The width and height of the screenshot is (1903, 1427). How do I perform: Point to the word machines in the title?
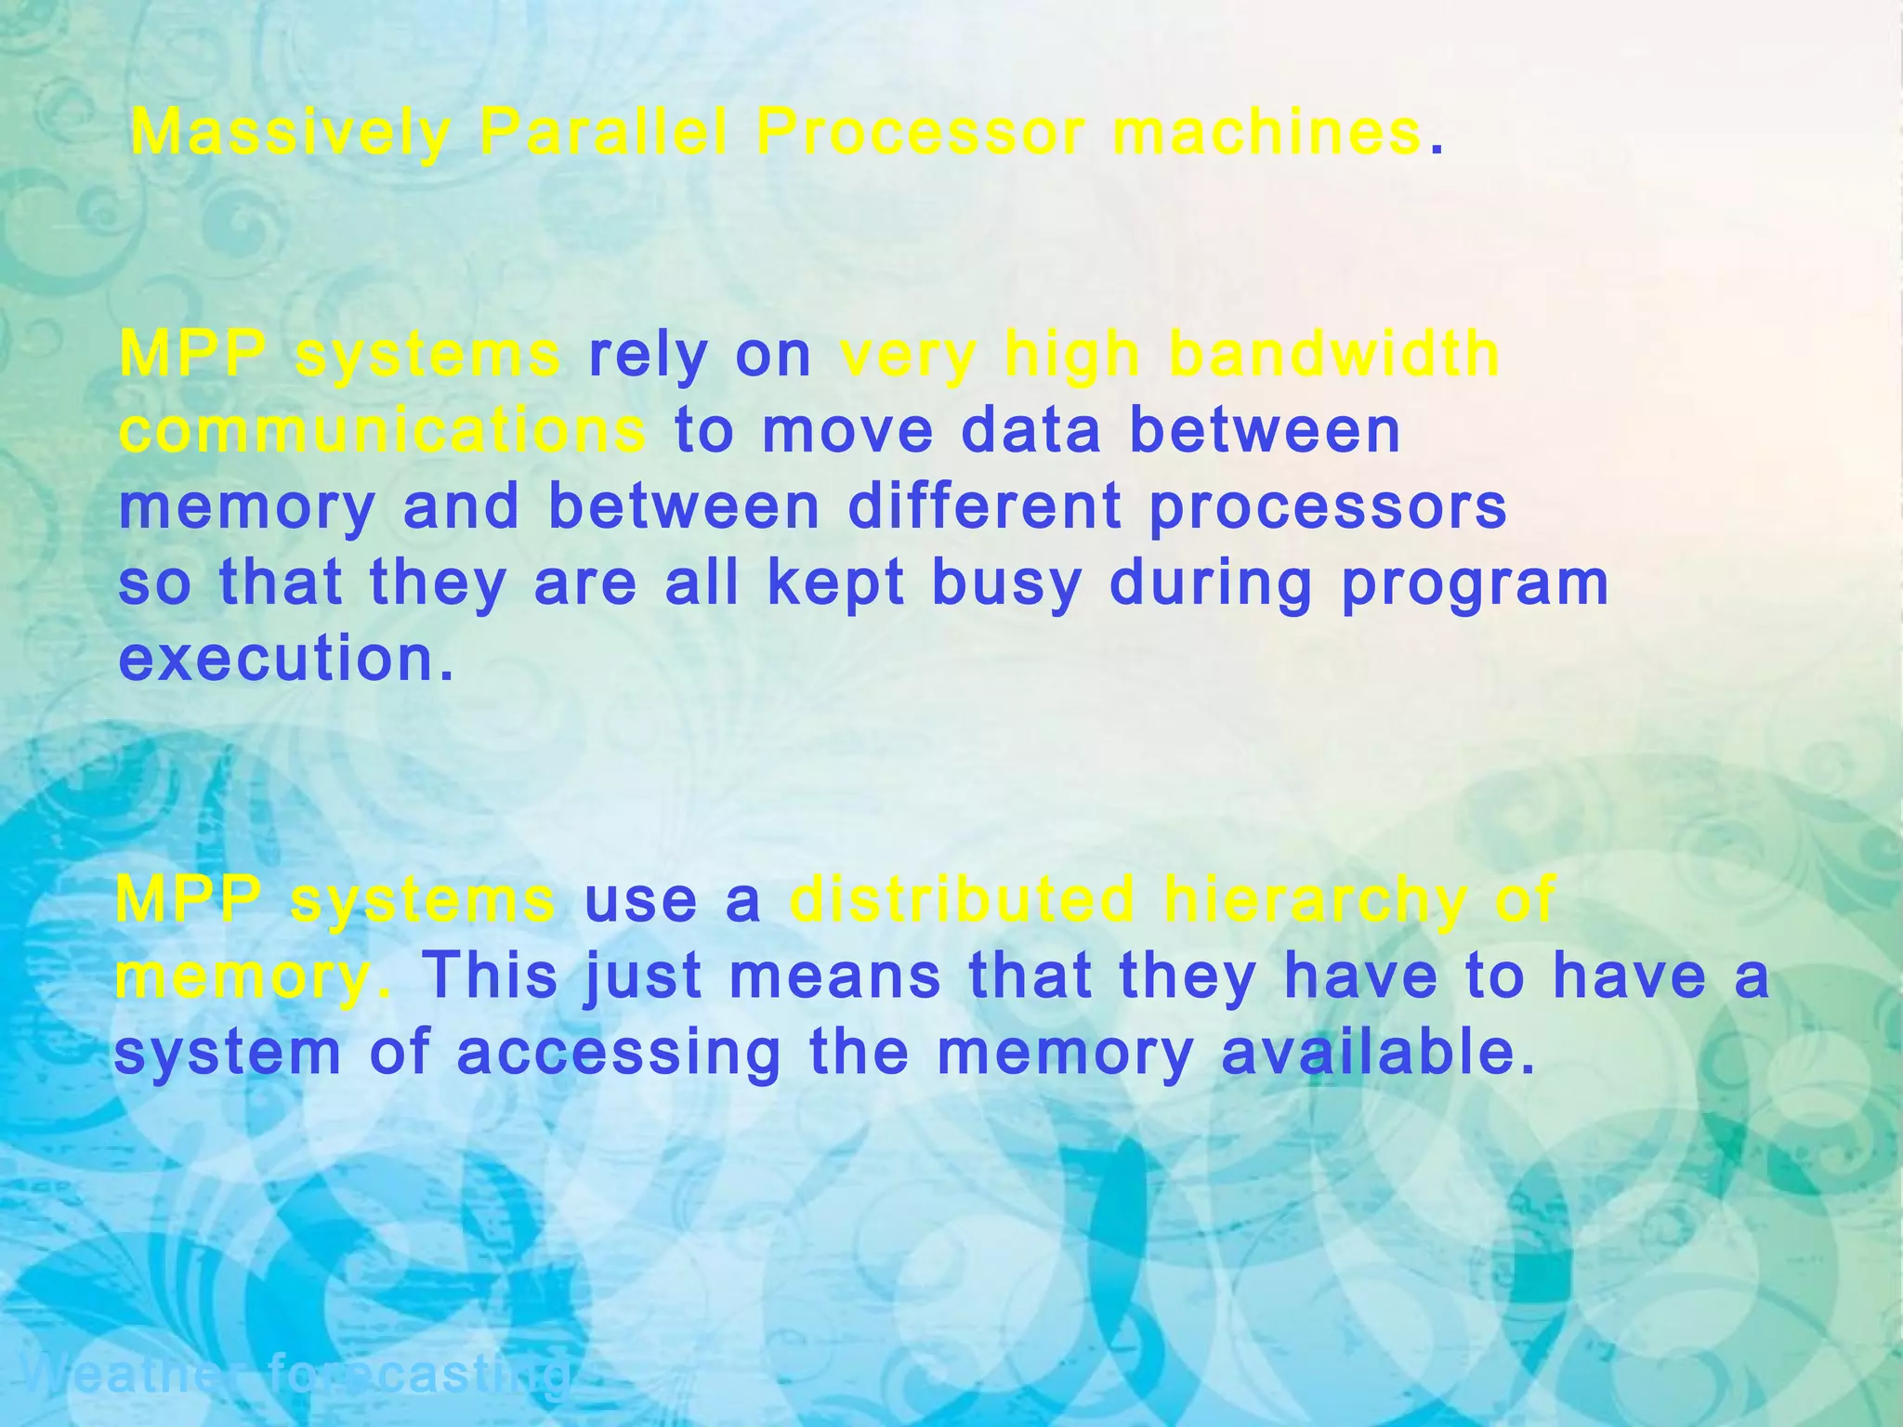pyautogui.click(x=1266, y=133)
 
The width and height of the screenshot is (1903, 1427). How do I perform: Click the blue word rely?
pyautogui.click(x=648, y=357)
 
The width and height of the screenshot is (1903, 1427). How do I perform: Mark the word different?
pyautogui.click(x=985, y=507)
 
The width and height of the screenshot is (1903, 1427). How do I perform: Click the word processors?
pyautogui.click(x=1328, y=509)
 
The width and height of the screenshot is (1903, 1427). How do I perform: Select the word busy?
pyautogui.click(x=1006, y=585)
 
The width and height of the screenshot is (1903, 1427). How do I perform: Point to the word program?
pyautogui.click(x=1475, y=585)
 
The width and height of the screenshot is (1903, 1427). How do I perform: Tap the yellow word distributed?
pyautogui.click(x=963, y=899)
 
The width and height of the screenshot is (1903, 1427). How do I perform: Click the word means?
pyautogui.click(x=834, y=977)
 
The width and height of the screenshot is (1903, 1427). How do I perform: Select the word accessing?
pyautogui.click(x=619, y=1054)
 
